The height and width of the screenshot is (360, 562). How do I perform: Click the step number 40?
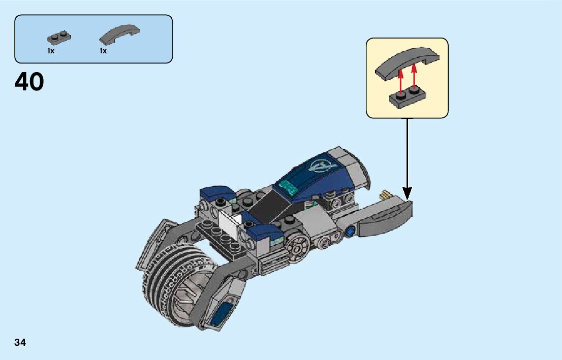(29, 82)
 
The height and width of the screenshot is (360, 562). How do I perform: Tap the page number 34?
(20, 342)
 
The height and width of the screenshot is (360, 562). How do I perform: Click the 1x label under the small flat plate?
(51, 51)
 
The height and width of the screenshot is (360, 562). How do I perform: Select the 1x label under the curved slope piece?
(103, 51)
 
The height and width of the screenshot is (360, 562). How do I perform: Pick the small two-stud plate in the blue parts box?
(59, 37)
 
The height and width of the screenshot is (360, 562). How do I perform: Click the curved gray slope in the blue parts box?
(120, 34)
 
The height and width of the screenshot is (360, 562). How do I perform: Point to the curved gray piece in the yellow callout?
(405, 61)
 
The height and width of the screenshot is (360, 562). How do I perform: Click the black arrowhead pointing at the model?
(407, 193)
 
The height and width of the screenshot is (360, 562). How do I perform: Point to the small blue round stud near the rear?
(350, 233)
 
